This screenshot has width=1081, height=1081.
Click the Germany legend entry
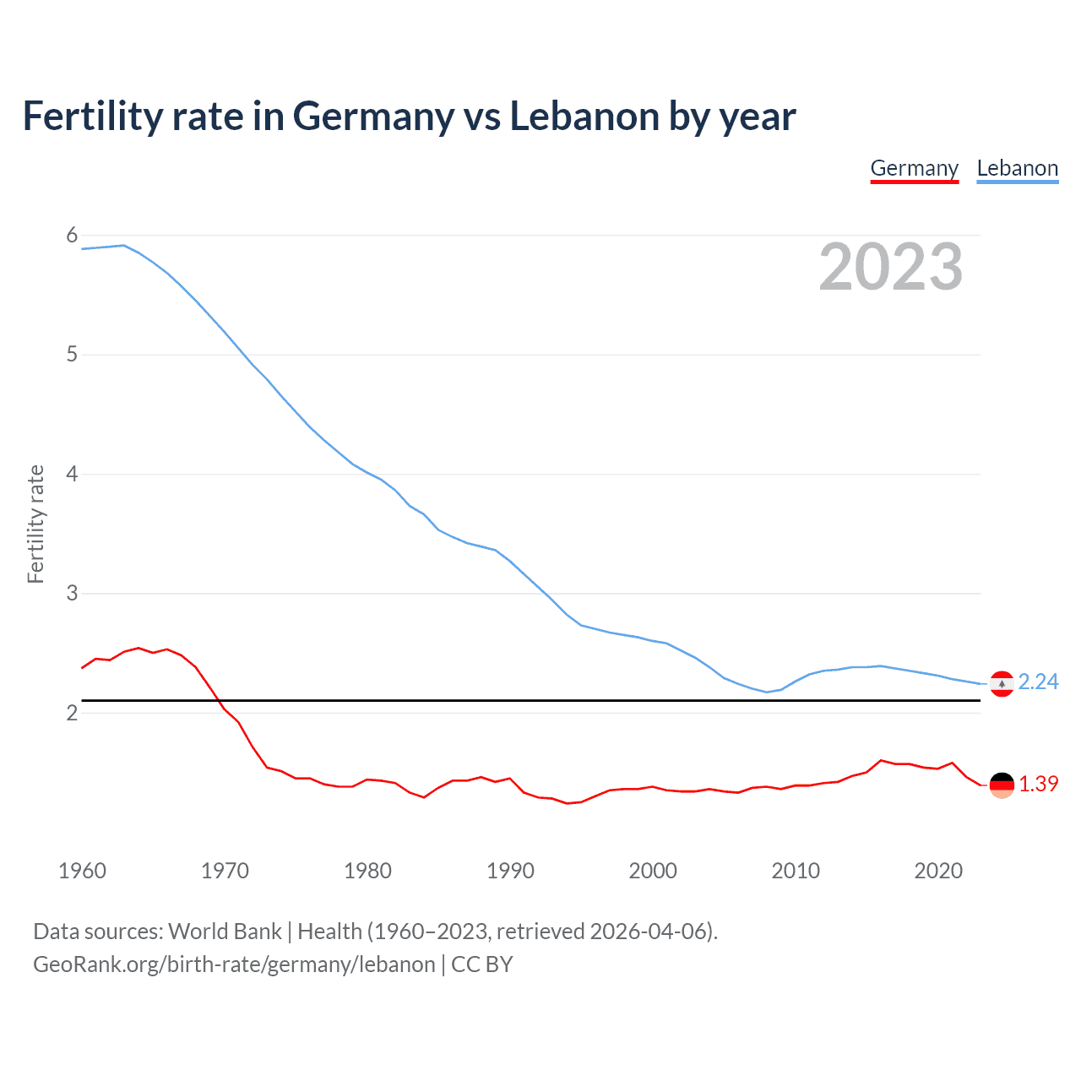pyautogui.click(x=915, y=168)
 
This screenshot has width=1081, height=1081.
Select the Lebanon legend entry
pyautogui.click(x=1017, y=168)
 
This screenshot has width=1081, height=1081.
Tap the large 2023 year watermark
pyautogui.click(x=890, y=267)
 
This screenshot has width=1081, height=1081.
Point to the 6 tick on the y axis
pyautogui.click(x=72, y=236)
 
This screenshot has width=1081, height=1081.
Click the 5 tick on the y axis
pyautogui.click(x=72, y=355)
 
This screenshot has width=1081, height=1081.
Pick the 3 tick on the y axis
pyautogui.click(x=72, y=594)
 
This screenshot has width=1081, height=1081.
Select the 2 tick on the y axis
pyautogui.click(x=72, y=713)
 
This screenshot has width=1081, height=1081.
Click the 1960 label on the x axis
pyautogui.click(x=82, y=871)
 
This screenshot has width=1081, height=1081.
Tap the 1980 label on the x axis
pyautogui.click(x=367, y=871)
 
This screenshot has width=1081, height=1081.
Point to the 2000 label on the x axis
pyautogui.click(x=653, y=871)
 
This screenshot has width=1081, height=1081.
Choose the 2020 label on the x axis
pyautogui.click(x=938, y=871)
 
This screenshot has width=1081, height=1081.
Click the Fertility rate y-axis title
pyautogui.click(x=35, y=524)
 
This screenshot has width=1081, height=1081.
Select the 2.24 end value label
pyautogui.click(x=1038, y=682)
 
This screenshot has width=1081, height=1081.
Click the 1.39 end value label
pyautogui.click(x=1038, y=784)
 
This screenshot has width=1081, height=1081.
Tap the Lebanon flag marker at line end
pyautogui.click(x=1002, y=684)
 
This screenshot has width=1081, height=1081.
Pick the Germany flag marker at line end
pyautogui.click(x=1002, y=785)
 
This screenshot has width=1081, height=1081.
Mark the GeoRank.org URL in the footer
pyautogui.click(x=234, y=964)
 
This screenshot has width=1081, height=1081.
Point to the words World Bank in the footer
pyautogui.click(x=225, y=932)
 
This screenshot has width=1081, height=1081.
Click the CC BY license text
pyautogui.click(x=482, y=964)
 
